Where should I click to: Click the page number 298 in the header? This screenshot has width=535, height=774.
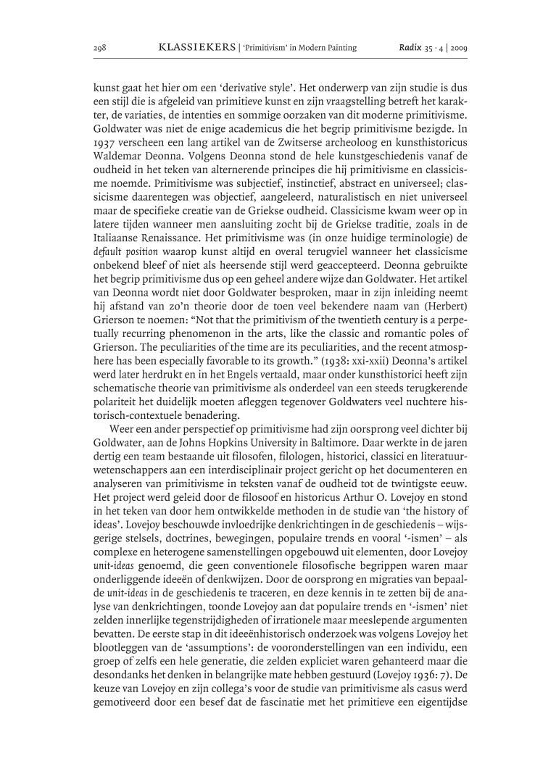[100, 48]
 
